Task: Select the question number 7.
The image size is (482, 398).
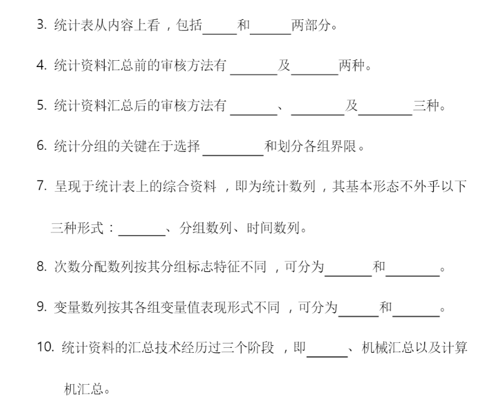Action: coord(41,187)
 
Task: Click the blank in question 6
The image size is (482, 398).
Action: coord(233,148)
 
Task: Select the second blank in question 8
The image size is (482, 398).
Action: coord(413,268)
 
